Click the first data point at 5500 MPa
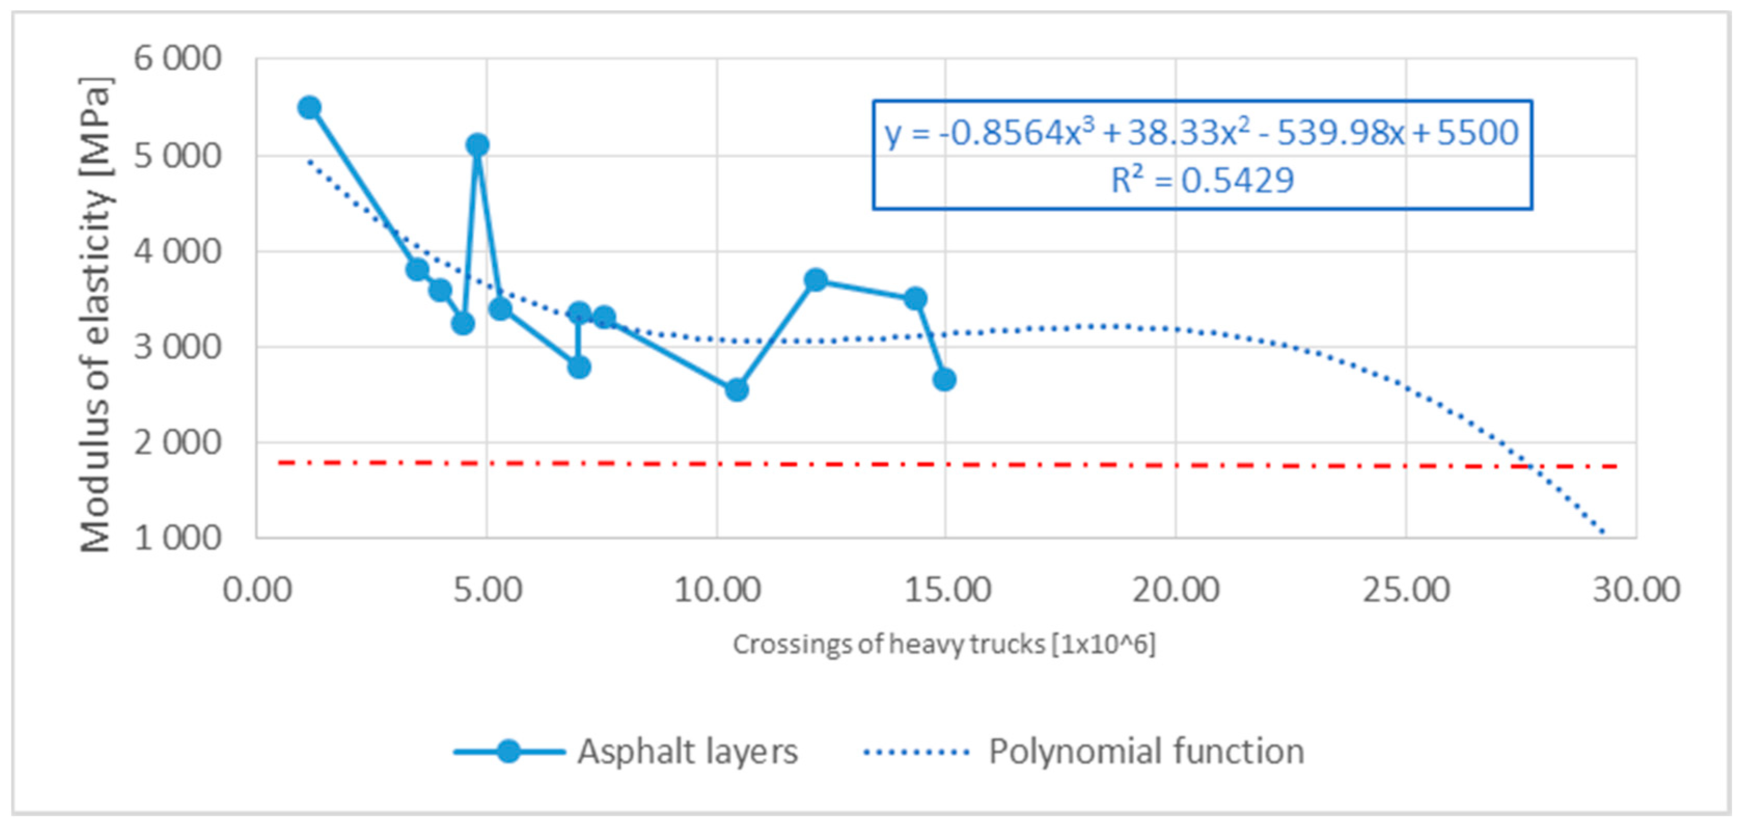click(309, 107)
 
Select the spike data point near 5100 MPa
click(477, 144)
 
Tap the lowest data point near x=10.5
click(736, 390)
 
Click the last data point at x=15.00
click(944, 379)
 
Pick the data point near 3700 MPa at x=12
click(816, 279)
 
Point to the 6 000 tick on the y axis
click(177, 59)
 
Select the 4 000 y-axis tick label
click(177, 252)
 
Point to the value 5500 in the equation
click(1477, 133)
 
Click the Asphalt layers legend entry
click(687, 752)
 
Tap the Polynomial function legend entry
click(1146, 752)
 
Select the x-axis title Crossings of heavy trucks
click(943, 644)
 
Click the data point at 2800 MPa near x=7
click(579, 367)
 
